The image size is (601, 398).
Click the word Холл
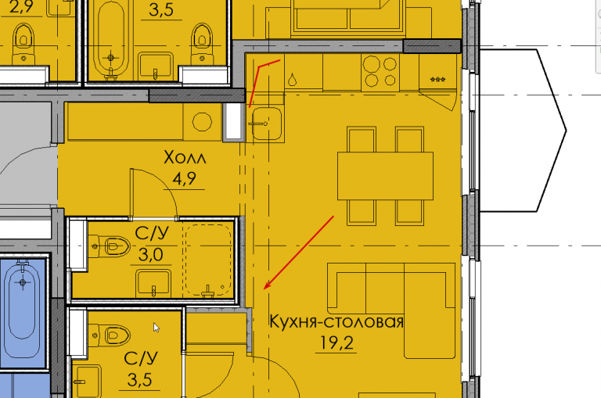click(185, 157)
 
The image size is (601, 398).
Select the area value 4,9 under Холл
click(184, 178)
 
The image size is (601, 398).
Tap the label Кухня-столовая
click(336, 322)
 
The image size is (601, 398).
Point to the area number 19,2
click(336, 342)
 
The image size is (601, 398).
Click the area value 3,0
click(150, 254)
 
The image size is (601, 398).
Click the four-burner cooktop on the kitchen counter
click(380, 71)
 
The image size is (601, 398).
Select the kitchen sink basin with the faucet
click(267, 124)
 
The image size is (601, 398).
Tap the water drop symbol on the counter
click(292, 79)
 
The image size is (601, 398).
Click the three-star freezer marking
click(437, 80)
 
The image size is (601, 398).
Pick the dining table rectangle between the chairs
click(385, 176)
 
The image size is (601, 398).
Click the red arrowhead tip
click(265, 289)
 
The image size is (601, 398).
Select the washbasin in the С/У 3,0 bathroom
click(153, 283)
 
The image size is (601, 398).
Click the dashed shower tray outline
click(208, 260)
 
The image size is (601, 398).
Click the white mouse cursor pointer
click(156, 328)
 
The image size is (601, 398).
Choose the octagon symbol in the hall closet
click(202, 122)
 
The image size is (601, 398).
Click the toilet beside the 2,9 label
click(23, 43)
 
